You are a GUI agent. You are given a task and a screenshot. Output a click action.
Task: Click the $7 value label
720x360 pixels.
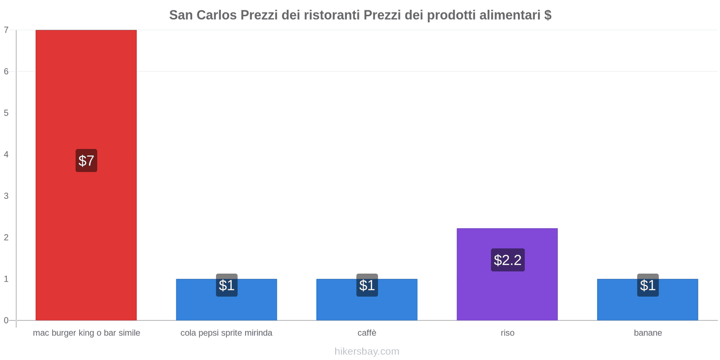pyautogui.click(x=86, y=161)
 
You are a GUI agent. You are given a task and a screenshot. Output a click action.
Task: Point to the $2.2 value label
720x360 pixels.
pyautogui.click(x=508, y=260)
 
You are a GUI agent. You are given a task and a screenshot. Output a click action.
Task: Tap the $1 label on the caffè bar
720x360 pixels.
pyautogui.click(x=367, y=285)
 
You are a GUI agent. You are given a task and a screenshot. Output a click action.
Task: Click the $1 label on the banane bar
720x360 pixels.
pyautogui.click(x=648, y=285)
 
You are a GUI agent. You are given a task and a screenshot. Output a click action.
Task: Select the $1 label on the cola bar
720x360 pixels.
pyautogui.click(x=226, y=285)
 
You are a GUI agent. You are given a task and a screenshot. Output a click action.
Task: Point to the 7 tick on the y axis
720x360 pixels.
pyautogui.click(x=6, y=30)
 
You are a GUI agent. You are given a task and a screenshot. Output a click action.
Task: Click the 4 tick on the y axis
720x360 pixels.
pyautogui.click(x=6, y=154)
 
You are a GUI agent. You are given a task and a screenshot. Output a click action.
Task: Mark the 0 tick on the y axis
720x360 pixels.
pyautogui.click(x=6, y=320)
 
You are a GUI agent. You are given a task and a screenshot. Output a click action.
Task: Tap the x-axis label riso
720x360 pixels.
pyautogui.click(x=507, y=333)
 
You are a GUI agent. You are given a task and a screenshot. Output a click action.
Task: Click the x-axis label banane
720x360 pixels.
pyautogui.click(x=648, y=333)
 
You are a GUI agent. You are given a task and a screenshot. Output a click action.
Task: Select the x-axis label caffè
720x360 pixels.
pyautogui.click(x=367, y=333)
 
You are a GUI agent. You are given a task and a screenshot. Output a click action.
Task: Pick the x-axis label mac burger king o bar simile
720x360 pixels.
pyautogui.click(x=86, y=333)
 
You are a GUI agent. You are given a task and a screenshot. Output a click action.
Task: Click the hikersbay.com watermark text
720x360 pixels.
pyautogui.click(x=367, y=351)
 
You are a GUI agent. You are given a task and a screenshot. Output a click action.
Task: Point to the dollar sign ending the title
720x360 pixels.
pyautogui.click(x=548, y=15)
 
